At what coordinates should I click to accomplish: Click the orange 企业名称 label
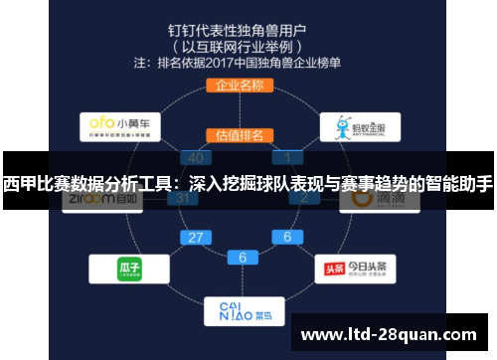click(239, 85)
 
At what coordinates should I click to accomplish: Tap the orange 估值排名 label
click(240, 134)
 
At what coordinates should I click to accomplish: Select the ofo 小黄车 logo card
click(119, 126)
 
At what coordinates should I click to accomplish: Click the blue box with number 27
click(196, 238)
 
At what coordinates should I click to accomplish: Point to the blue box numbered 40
click(196, 157)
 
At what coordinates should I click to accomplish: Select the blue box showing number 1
click(288, 157)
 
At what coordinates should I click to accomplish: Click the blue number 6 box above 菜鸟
click(243, 257)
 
